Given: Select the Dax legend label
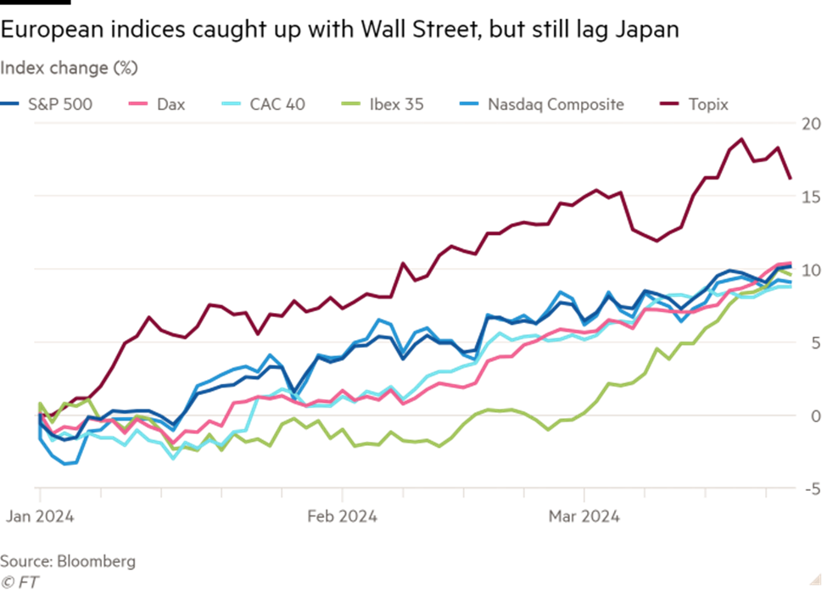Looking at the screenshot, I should [x=170, y=105].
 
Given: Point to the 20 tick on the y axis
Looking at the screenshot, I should [x=812, y=124].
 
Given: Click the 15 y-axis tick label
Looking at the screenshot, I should [x=812, y=197].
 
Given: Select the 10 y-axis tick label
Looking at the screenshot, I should [x=812, y=270].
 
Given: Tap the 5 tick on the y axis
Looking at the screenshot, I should [x=815, y=343].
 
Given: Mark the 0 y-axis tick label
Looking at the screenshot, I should [x=815, y=415].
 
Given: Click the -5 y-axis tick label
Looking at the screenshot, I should [x=812, y=488].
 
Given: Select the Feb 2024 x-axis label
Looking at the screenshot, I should [x=343, y=516].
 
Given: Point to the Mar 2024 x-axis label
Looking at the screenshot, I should [x=584, y=516].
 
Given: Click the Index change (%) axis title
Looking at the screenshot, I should [x=69, y=68].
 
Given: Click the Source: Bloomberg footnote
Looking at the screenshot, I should [x=68, y=561].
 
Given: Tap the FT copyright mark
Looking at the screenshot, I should [x=20, y=582].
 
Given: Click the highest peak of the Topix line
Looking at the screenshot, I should [x=742, y=138].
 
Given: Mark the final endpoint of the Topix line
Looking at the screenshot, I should [x=791, y=179].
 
